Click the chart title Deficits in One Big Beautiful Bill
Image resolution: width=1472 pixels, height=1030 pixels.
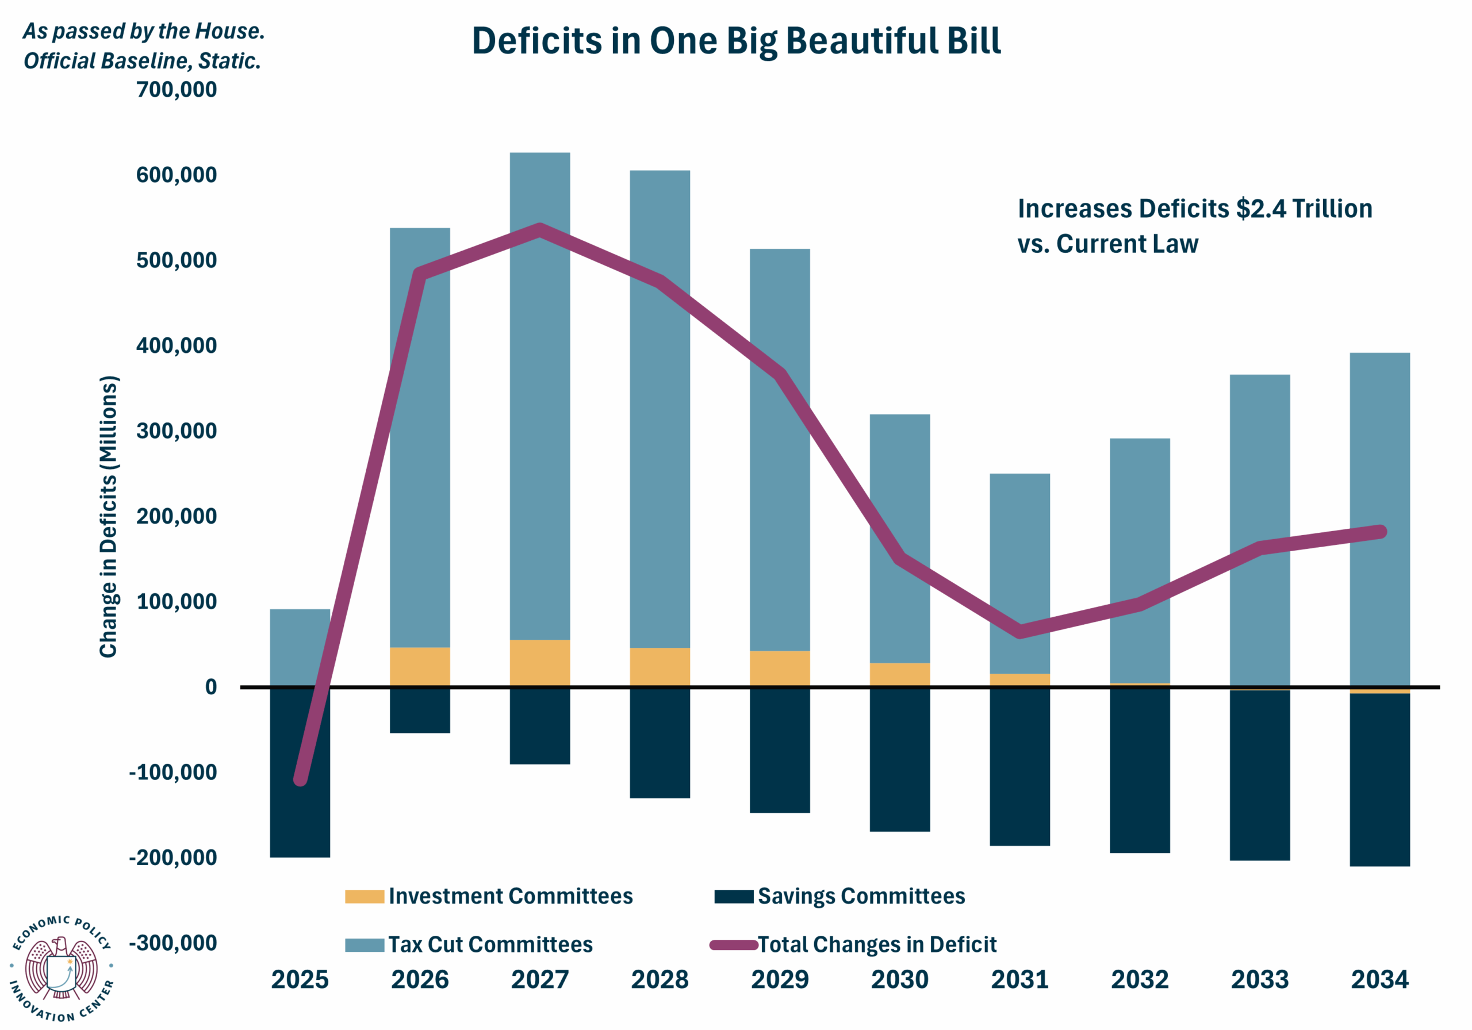click(736, 41)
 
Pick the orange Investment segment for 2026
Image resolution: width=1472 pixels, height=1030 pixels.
click(420, 667)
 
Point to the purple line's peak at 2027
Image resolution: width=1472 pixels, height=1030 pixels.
click(540, 230)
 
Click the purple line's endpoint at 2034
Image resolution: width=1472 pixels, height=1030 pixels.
click(1381, 531)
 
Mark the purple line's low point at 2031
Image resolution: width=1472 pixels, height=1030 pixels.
click(1019, 631)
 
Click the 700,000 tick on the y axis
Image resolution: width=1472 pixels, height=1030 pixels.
click(177, 89)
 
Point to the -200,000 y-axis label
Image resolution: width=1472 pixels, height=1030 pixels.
click(173, 858)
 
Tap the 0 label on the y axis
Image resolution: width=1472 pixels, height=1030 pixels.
click(211, 687)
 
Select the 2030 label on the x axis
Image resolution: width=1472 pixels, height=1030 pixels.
click(899, 979)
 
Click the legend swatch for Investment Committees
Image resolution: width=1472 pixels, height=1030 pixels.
click(364, 896)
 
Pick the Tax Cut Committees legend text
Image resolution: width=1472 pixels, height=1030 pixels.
click(490, 944)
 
